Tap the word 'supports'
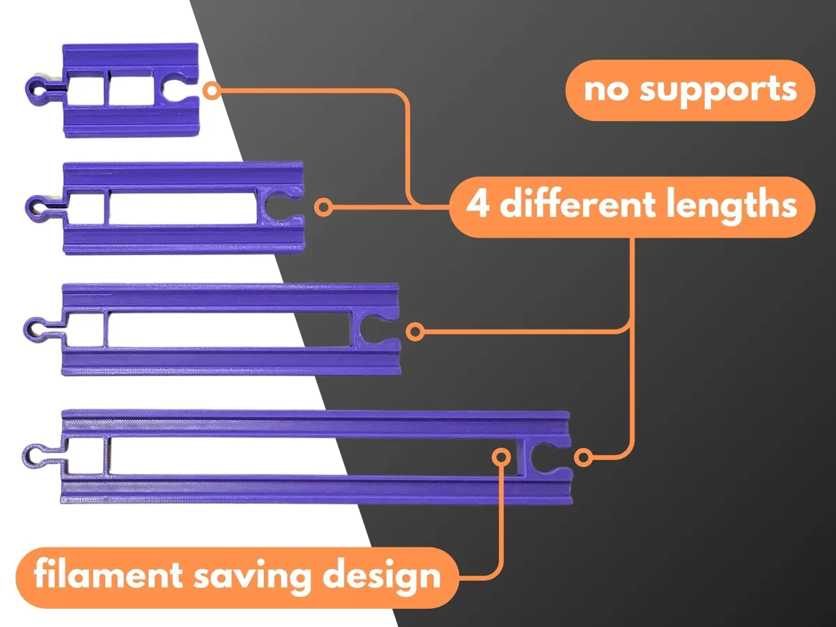718,91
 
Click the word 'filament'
109,575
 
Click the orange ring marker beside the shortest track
212,91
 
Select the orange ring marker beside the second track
323,208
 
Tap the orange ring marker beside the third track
415,332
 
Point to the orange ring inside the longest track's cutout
501,456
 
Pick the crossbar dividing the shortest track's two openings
107,88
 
